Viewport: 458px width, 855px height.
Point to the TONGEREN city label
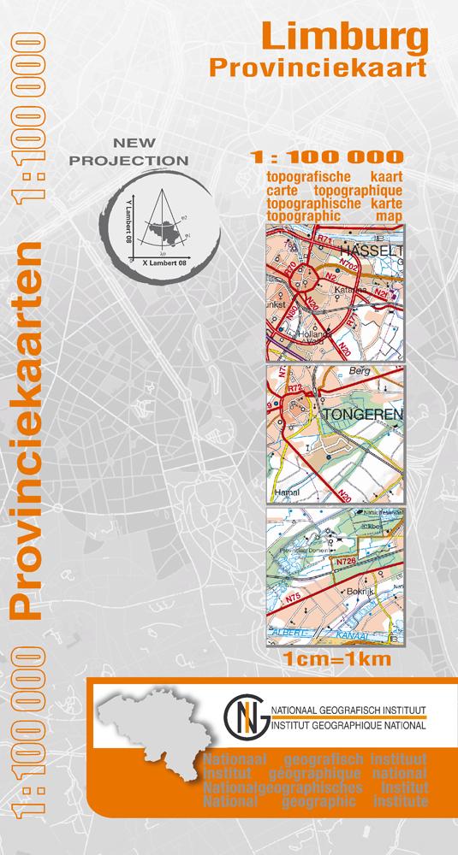[x=354, y=414]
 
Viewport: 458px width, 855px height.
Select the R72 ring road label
[x=295, y=388]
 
